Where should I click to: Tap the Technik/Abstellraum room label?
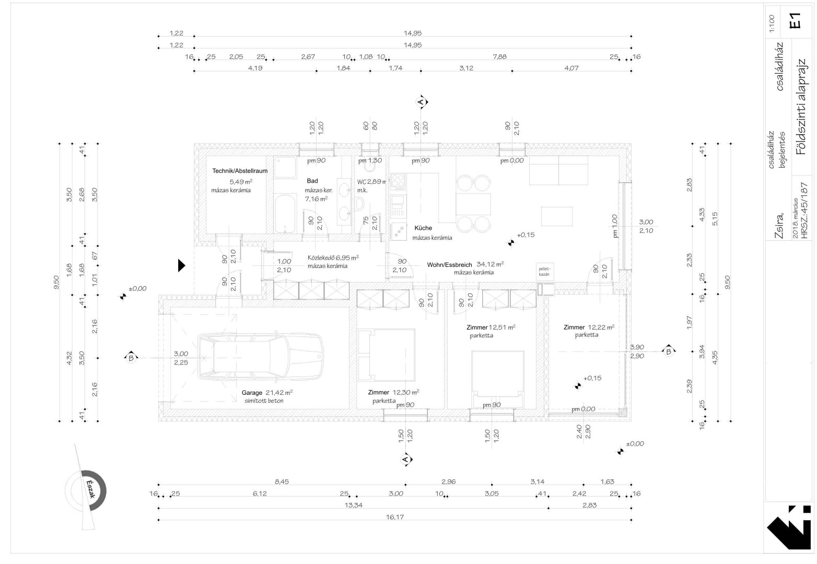[x=240, y=171]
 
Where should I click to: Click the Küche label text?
[x=423, y=228]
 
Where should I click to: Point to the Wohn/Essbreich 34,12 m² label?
[x=465, y=264]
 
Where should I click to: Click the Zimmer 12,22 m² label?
[x=588, y=327]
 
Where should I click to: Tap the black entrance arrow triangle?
[x=181, y=266]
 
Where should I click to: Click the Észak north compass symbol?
[x=87, y=488]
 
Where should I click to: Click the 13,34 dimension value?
[x=353, y=504]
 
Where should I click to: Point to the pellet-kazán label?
[x=544, y=271]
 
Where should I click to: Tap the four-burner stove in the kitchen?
[x=398, y=182]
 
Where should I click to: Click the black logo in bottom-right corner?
[x=788, y=529]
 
